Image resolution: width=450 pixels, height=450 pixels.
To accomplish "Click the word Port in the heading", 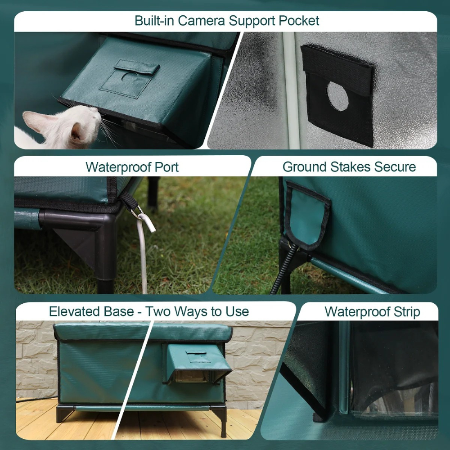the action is (x=167, y=167).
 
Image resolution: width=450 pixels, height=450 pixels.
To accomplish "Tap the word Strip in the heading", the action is (x=407, y=312).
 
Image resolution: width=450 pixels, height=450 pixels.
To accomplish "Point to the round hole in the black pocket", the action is (x=337, y=96).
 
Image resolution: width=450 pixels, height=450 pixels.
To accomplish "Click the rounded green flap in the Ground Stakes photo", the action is (x=307, y=215).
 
